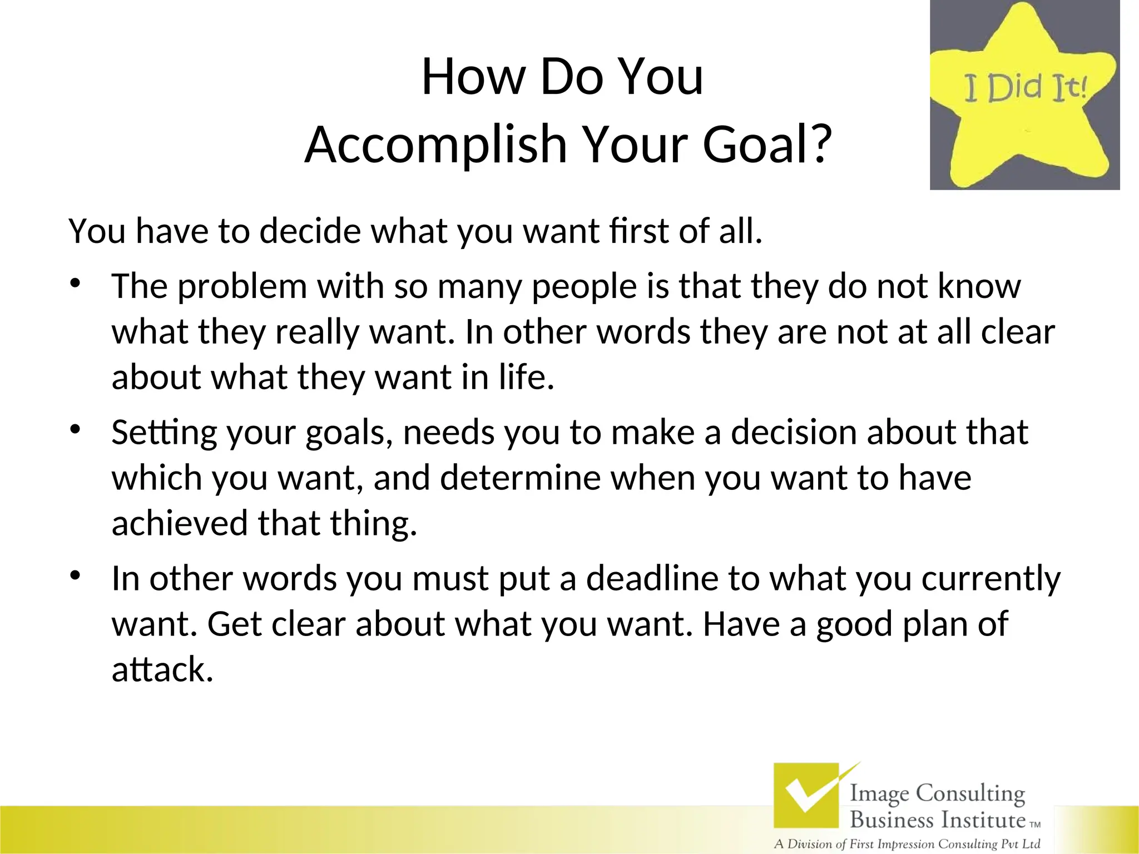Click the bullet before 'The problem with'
75,284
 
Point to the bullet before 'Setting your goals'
75,430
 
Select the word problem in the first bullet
242,286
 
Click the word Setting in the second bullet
164,433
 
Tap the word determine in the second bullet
520,478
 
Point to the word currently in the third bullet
991,579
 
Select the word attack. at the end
162,669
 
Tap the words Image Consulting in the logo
937,793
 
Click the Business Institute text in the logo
937,820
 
